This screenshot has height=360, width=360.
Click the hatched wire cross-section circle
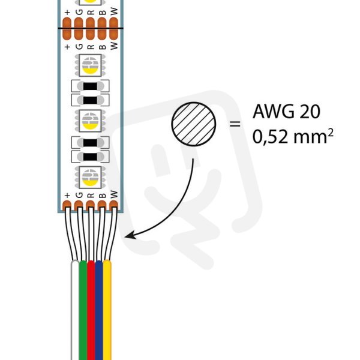(194, 124)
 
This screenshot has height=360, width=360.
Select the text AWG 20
(286, 112)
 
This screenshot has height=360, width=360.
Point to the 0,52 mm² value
(293, 136)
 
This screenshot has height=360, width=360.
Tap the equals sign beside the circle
(235, 124)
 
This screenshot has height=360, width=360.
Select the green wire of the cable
(83, 310)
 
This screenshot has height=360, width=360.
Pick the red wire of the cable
(91, 310)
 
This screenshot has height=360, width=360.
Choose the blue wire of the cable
(99, 310)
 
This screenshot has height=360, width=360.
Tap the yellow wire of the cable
(107, 310)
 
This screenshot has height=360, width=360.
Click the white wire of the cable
(75, 310)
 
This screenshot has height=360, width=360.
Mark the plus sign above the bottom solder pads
(67, 196)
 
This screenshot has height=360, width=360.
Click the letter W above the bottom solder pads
(114, 194)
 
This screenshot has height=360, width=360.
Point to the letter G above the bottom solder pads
(79, 195)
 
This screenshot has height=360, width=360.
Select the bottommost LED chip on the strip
(90, 177)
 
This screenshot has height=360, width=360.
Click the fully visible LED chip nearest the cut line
(90, 65)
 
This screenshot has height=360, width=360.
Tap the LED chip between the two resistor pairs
(90, 121)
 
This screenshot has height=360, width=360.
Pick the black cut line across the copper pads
(91, 28)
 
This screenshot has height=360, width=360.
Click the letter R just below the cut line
(91, 47)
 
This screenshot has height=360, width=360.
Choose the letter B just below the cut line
(103, 47)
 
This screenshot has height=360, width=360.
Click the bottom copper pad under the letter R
(90, 205)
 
